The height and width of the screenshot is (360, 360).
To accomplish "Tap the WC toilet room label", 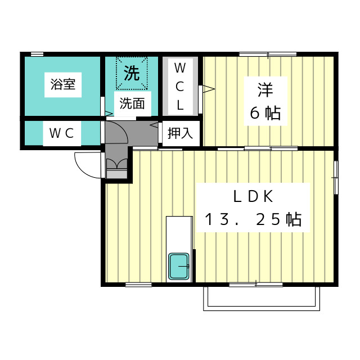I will tap(62, 133).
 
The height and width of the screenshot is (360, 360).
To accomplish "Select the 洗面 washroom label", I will tap(132, 103).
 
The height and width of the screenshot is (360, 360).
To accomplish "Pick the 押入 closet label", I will tap(180, 133).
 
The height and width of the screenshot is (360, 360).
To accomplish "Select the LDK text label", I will tap(253, 197).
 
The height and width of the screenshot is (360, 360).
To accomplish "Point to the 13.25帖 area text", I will tap(253, 219).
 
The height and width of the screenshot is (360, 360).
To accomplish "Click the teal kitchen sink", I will tap(179, 266).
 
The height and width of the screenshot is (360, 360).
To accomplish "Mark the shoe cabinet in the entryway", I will tap(117, 168).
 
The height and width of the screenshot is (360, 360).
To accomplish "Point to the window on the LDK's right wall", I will tap(336, 177).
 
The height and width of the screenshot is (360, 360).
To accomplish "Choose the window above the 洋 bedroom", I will tap(267, 55).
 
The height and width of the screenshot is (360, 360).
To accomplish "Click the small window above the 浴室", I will tap(37, 54).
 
